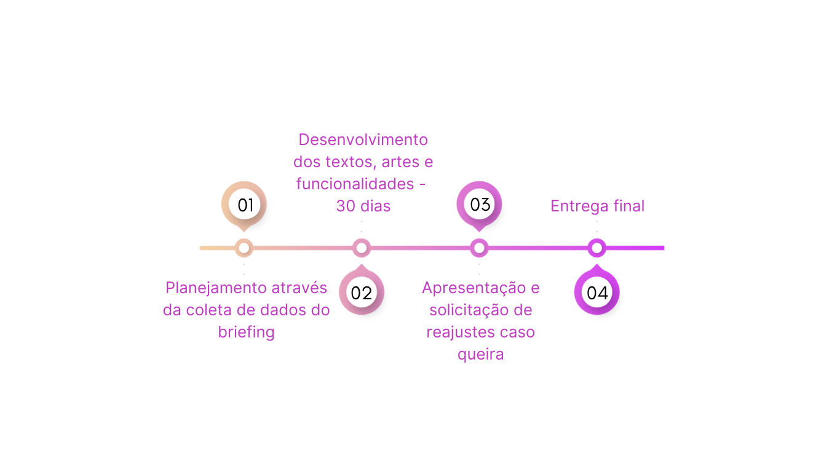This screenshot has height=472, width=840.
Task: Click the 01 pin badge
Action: pyautogui.click(x=245, y=205)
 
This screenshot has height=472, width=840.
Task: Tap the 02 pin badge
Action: pyautogui.click(x=362, y=293)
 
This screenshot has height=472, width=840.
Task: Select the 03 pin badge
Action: pyautogui.click(x=480, y=204)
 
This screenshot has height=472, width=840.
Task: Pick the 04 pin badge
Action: pyautogui.click(x=596, y=293)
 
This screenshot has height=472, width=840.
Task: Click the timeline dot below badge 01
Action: pyautogui.click(x=244, y=248)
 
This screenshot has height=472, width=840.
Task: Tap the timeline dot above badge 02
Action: pyautogui.click(x=362, y=248)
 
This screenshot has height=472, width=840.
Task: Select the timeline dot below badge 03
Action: pyautogui.click(x=479, y=248)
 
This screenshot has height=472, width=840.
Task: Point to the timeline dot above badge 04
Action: pyautogui.click(x=596, y=248)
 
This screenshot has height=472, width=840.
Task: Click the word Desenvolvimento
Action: pyautogui.click(x=363, y=140)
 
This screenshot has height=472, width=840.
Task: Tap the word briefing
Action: pyautogui.click(x=246, y=332)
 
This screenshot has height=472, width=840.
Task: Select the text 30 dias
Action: pyautogui.click(x=363, y=206)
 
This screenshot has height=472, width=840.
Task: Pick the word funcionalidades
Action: pyautogui.click(x=355, y=184)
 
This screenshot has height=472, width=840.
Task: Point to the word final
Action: pyautogui.click(x=629, y=206)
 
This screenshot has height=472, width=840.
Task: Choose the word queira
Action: pyautogui.click(x=481, y=355)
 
